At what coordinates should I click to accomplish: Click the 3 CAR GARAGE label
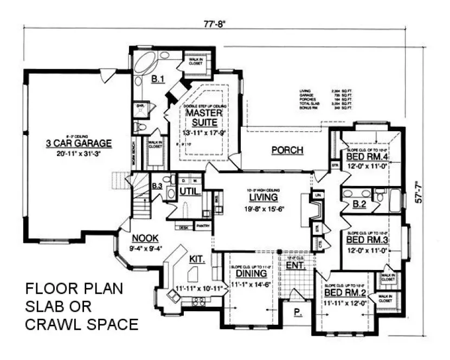pos(79,144)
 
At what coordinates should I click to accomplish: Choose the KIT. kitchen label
pos(197,260)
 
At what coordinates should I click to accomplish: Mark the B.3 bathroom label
pos(157,187)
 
